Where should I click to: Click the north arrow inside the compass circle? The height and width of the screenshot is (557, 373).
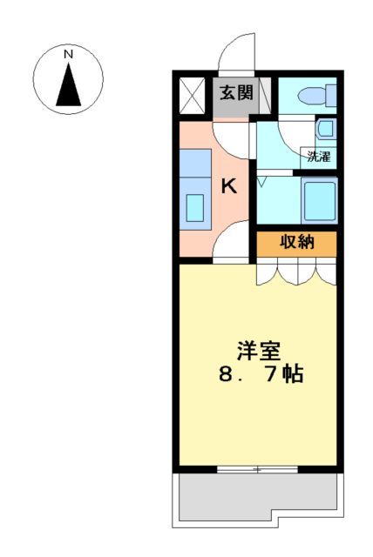tap(68, 84)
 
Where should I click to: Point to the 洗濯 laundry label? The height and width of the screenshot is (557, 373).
tap(318, 158)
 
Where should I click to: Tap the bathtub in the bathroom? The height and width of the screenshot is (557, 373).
tap(318, 199)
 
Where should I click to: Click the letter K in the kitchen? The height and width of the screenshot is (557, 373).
tap(228, 185)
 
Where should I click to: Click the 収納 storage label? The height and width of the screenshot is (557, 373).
tap(295, 243)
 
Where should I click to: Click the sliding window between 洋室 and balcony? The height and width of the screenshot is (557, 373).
tap(256, 469)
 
